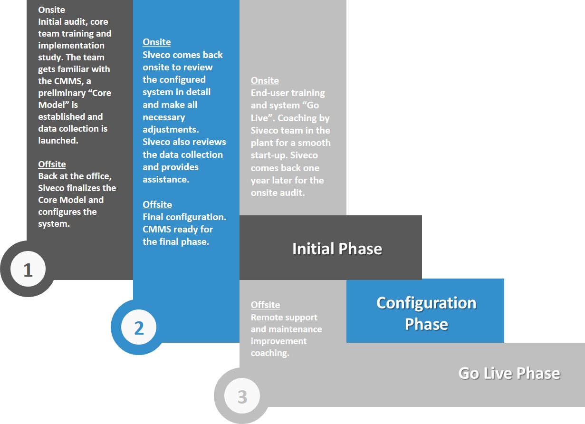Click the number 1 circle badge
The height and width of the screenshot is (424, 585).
pyautogui.click(x=28, y=269)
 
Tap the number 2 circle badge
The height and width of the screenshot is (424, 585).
pyautogui.click(x=139, y=327)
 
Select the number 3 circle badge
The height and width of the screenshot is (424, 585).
pyautogui.click(x=242, y=396)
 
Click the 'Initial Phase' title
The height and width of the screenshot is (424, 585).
pyautogui.click(x=337, y=249)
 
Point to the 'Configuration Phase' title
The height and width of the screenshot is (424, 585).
pyautogui.click(x=426, y=313)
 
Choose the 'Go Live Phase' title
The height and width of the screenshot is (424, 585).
pyautogui.click(x=509, y=373)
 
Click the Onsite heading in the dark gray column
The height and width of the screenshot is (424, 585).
pyautogui.click(x=51, y=10)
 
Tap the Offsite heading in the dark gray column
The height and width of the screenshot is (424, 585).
pyautogui.click(x=52, y=164)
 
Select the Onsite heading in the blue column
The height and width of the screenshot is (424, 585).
pyautogui.click(x=157, y=42)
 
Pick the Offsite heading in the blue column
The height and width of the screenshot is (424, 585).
pyautogui.click(x=157, y=204)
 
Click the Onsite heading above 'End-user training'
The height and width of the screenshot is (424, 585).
pyautogui.click(x=265, y=80)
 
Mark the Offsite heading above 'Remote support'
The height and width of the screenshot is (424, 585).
pyautogui.click(x=265, y=305)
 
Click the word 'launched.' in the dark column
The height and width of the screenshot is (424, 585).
pyautogui.click(x=58, y=141)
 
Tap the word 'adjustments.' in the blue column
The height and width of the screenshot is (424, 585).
pyautogui.click(x=171, y=130)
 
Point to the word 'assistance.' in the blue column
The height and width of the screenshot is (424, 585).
pyautogui.click(x=166, y=180)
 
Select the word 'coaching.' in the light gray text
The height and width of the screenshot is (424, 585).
pyautogui.click(x=270, y=353)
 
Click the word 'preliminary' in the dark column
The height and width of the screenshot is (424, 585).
pyautogui.click(x=62, y=93)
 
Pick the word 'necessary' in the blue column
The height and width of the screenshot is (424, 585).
pyautogui.click(x=164, y=117)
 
